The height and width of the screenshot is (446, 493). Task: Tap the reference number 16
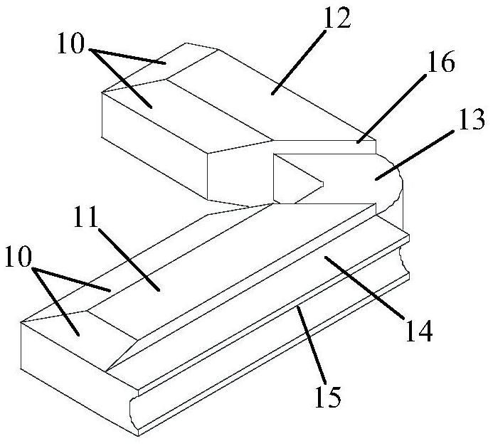pos(440,62)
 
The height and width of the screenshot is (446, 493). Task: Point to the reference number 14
pos(419,331)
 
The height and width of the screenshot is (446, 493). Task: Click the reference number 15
pos(328,398)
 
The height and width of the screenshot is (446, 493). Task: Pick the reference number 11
pos(86,218)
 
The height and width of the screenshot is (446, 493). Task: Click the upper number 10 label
pos(71,43)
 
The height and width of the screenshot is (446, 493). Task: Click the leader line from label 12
pos(297,62)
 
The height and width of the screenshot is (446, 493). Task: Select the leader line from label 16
pos(391,108)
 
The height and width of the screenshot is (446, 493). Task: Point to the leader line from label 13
pos(415,155)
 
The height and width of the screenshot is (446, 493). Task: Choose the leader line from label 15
pos(309,346)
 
